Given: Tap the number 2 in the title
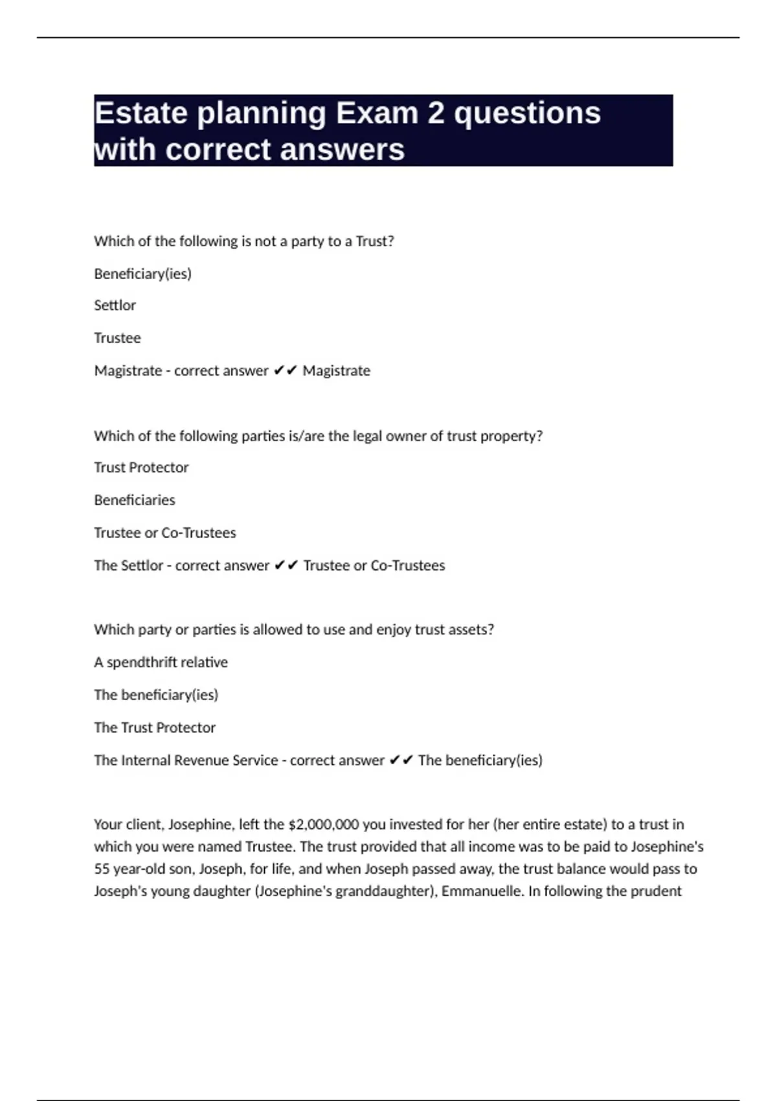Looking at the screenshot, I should (436, 114).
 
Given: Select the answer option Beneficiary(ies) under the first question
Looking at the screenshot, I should (142, 274).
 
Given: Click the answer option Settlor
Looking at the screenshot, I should (115, 306).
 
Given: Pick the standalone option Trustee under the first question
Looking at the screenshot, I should (117, 338).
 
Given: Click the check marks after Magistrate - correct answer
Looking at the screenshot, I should (285, 370).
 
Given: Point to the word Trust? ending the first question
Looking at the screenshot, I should (375, 242).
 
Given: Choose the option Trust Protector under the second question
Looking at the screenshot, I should (141, 468).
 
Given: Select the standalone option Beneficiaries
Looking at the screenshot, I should (135, 500).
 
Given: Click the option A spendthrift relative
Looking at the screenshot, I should (161, 663).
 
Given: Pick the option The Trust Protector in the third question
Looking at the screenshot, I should (155, 727).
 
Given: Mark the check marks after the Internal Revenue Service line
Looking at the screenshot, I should (401, 760).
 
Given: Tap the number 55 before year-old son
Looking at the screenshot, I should (102, 869).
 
